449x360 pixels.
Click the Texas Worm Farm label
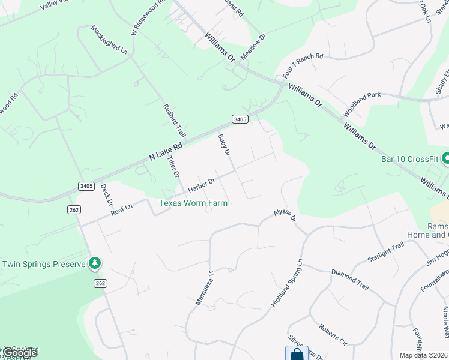[x=193, y=203]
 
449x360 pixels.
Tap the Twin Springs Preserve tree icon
[x=94, y=263]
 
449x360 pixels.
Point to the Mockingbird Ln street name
[x=109, y=40]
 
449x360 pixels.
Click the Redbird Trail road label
[x=170, y=119]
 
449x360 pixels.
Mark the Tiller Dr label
[x=173, y=166]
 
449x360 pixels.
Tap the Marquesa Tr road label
[x=205, y=287]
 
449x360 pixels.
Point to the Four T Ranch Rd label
[x=303, y=66]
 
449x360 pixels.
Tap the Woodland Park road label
[x=362, y=104]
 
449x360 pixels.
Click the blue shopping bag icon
[x=297, y=354]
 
